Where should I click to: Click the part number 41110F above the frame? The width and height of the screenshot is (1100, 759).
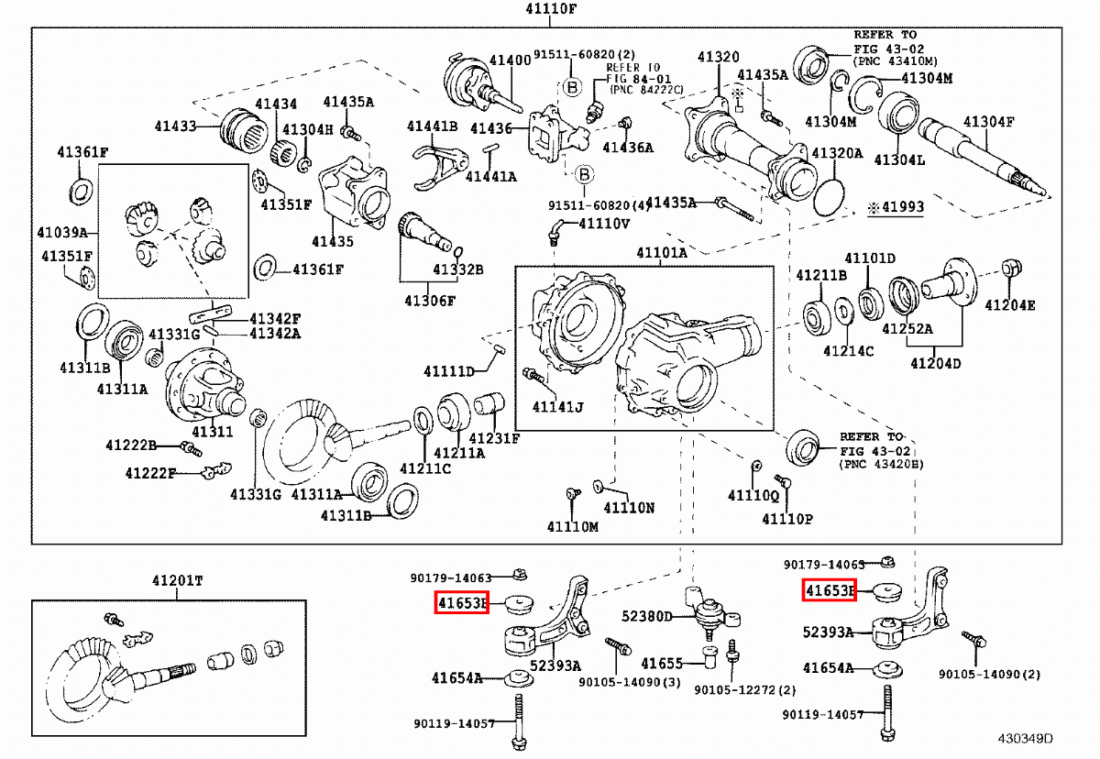pos(551,9)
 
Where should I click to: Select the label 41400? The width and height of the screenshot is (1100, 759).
pos(511,60)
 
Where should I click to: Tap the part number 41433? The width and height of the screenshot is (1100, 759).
pos(175,126)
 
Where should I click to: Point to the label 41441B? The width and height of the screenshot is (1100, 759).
pos(432,126)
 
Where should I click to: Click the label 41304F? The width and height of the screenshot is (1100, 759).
pos(988,122)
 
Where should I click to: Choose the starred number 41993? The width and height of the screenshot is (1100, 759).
pos(896,207)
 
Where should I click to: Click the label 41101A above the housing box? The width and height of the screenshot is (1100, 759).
pos(662,253)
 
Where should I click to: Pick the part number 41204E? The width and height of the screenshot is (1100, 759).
pos(1010,305)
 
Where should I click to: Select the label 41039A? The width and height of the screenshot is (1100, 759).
pos(62,232)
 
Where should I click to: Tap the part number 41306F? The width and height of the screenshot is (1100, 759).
pos(430,301)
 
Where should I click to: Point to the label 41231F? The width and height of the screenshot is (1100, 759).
pos(494,438)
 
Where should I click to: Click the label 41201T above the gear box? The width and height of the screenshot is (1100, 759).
pos(177,581)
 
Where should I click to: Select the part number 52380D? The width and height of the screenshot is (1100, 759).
pos(647,616)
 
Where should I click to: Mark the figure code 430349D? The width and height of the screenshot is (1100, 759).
pos(1026,739)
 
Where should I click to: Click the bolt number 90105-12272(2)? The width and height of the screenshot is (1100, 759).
pos(745,689)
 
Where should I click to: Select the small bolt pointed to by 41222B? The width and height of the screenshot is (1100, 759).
pos(191,448)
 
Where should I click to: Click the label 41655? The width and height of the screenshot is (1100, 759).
pos(662,664)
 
